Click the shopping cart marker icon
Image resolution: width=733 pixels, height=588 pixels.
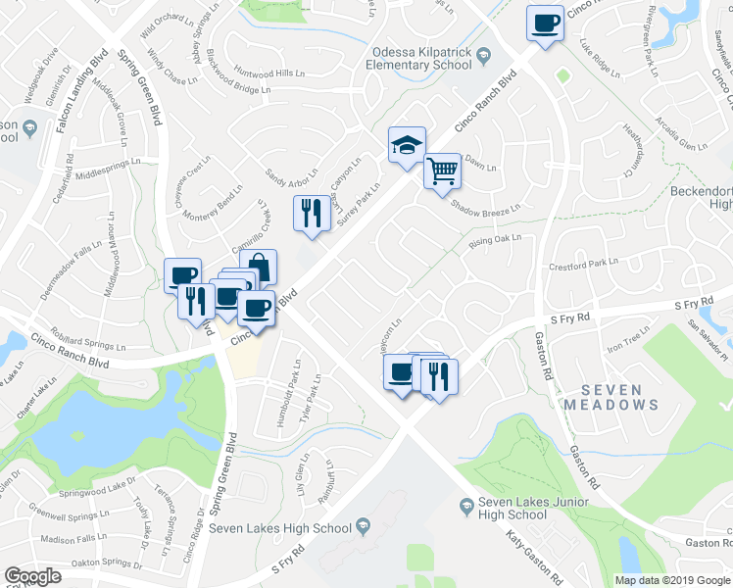pyautogui.click(x=443, y=171)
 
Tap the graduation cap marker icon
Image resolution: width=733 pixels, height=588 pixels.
pyautogui.click(x=407, y=145)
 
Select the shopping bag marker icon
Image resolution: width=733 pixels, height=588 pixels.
pyautogui.click(x=259, y=267)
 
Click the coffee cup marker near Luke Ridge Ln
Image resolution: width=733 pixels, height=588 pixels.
pyautogui.click(x=545, y=22)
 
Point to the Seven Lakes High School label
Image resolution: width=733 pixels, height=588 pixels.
pyautogui.click(x=282, y=529)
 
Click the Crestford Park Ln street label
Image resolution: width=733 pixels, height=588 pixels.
pyautogui.click(x=584, y=264)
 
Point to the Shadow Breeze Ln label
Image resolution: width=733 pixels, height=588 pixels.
pyautogui.click(x=485, y=207)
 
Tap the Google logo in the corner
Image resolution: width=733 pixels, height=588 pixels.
pyautogui.click(x=32, y=576)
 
